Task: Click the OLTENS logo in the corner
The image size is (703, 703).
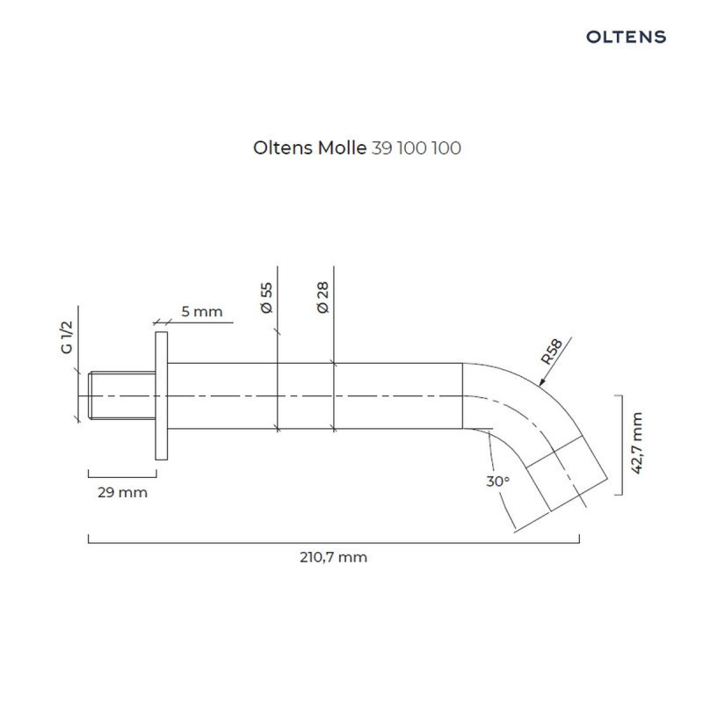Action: pyautogui.click(x=626, y=37)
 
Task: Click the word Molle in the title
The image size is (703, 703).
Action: pyautogui.click(x=344, y=149)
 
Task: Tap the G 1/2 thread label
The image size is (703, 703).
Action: pyautogui.click(x=66, y=337)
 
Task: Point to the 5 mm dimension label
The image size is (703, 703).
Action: pyautogui.click(x=201, y=311)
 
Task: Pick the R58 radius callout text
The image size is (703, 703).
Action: pyautogui.click(x=552, y=351)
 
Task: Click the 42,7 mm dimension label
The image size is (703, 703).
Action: pyautogui.click(x=639, y=443)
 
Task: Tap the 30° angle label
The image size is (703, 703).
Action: pyautogui.click(x=496, y=482)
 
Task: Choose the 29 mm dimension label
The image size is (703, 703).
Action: pyautogui.click(x=122, y=492)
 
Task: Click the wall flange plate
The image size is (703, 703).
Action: pyautogui.click(x=160, y=395)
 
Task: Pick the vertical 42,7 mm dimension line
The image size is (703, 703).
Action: pyautogui.click(x=621, y=445)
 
